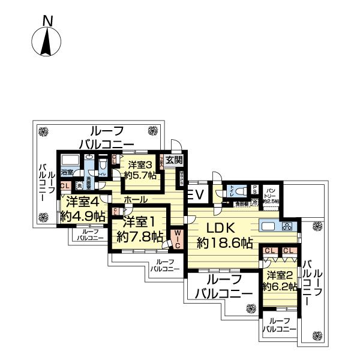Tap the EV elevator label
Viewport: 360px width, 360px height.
[x=196, y=194]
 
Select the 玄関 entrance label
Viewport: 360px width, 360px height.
[x=173, y=160]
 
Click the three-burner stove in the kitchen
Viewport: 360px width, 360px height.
[x=287, y=227]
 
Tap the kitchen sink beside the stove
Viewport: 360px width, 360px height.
[x=268, y=227]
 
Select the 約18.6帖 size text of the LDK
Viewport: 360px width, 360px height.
[x=225, y=243]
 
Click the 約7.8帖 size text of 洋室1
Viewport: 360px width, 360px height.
[x=139, y=236]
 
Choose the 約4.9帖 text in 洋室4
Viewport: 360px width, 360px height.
[x=83, y=216]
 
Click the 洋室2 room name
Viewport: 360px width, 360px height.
[x=279, y=275]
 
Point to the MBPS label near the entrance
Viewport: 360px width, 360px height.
[x=182, y=178]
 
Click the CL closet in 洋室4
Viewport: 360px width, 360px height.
[x=64, y=187]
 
